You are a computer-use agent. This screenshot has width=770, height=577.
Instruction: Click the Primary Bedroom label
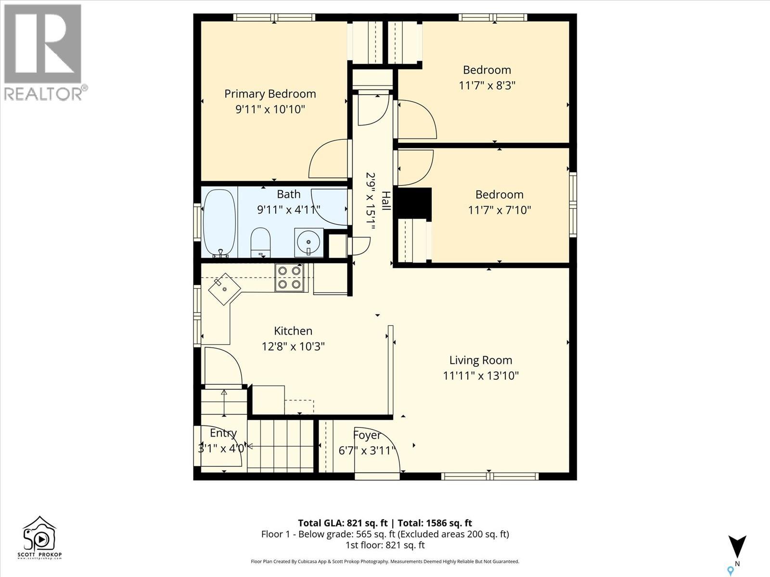(x=270, y=94)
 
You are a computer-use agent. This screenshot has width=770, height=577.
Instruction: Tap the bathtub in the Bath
(x=220, y=222)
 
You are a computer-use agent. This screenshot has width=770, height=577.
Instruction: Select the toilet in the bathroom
(x=261, y=242)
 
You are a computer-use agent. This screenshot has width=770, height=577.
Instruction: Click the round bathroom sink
(x=308, y=242)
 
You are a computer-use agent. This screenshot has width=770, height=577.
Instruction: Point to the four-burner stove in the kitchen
(x=289, y=277)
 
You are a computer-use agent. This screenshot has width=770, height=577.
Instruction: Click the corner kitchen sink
(x=225, y=288)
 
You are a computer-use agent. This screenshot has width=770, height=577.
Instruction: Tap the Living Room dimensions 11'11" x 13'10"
(x=481, y=376)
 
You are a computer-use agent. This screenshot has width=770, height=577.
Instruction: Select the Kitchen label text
(x=293, y=331)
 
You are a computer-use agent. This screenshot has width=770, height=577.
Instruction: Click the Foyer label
(x=367, y=435)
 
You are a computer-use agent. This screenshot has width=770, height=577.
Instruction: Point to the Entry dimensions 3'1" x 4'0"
(x=221, y=449)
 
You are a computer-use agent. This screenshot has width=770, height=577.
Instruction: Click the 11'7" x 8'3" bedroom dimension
(x=487, y=86)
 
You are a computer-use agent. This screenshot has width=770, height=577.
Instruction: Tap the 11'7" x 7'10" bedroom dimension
(x=500, y=210)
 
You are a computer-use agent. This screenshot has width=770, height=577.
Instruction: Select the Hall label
(x=386, y=201)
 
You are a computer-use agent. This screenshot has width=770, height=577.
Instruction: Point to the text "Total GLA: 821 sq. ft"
(x=343, y=523)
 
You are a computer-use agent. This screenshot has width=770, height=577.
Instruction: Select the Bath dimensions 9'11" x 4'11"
(x=289, y=210)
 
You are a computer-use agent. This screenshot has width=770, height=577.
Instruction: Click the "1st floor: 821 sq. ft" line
(x=385, y=545)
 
